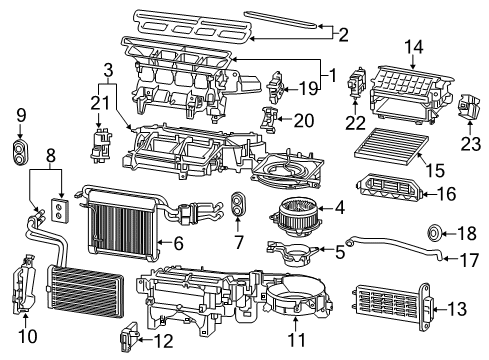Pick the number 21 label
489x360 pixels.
pos(99,103)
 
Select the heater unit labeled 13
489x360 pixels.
pos(390,304)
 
